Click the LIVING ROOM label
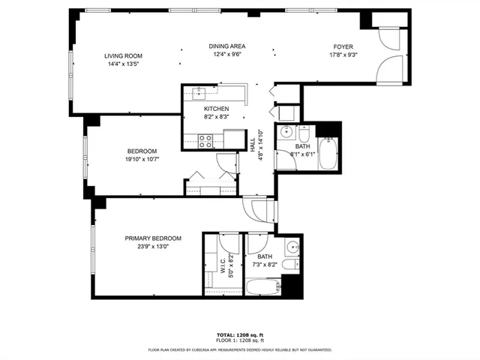pos(122,56)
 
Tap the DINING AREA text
pos(226,46)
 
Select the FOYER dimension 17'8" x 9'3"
pos(343,55)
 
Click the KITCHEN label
pos(195,109)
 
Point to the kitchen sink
pos(199,92)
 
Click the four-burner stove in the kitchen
pos(205,141)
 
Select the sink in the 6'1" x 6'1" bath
pos(285,133)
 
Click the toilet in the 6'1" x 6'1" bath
pos(303,132)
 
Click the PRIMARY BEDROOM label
pos(153,238)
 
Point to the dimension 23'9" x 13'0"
pos(153,247)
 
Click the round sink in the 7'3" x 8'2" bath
pos(291,247)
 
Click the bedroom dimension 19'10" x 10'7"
pos(141,159)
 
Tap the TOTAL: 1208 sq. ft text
pos(239,334)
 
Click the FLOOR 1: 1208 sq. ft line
pos(239,340)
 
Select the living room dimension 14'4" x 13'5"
pos(122,64)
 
